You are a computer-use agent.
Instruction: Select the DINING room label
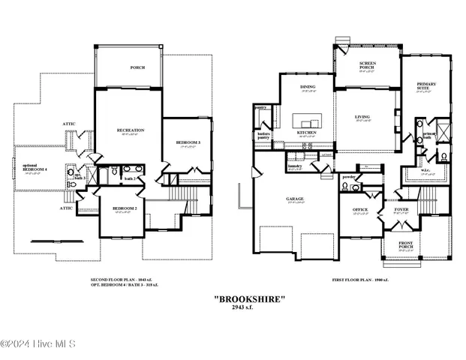tap(308, 88)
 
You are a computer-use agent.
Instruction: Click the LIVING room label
tap(362, 118)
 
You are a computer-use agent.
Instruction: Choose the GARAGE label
tap(295, 199)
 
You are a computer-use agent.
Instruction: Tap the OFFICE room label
tap(360, 211)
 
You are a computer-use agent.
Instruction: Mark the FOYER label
tap(401, 211)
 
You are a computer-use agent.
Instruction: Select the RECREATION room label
tap(130, 130)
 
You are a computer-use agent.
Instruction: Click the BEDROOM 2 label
tap(125, 208)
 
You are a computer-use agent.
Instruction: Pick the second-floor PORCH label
tap(137, 67)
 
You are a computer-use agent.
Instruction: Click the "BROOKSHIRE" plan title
tap(249, 298)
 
